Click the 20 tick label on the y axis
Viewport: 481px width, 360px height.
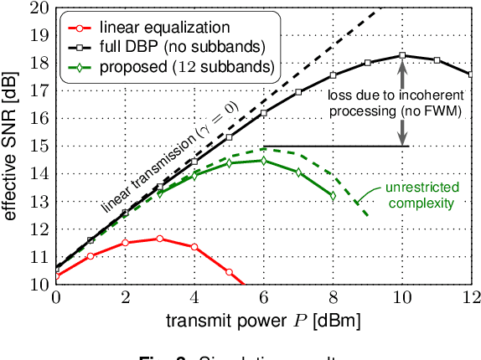coord(39,8)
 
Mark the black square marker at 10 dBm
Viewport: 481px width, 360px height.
coord(402,56)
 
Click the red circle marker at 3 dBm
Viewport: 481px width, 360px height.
coord(160,239)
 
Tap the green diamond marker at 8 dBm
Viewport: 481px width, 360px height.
coord(333,196)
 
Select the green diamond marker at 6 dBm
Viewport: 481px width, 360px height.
coord(264,160)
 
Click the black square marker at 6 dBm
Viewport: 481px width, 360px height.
coord(264,113)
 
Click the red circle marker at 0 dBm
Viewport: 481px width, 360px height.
coord(56,275)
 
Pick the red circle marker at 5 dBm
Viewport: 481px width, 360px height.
coord(229,272)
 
